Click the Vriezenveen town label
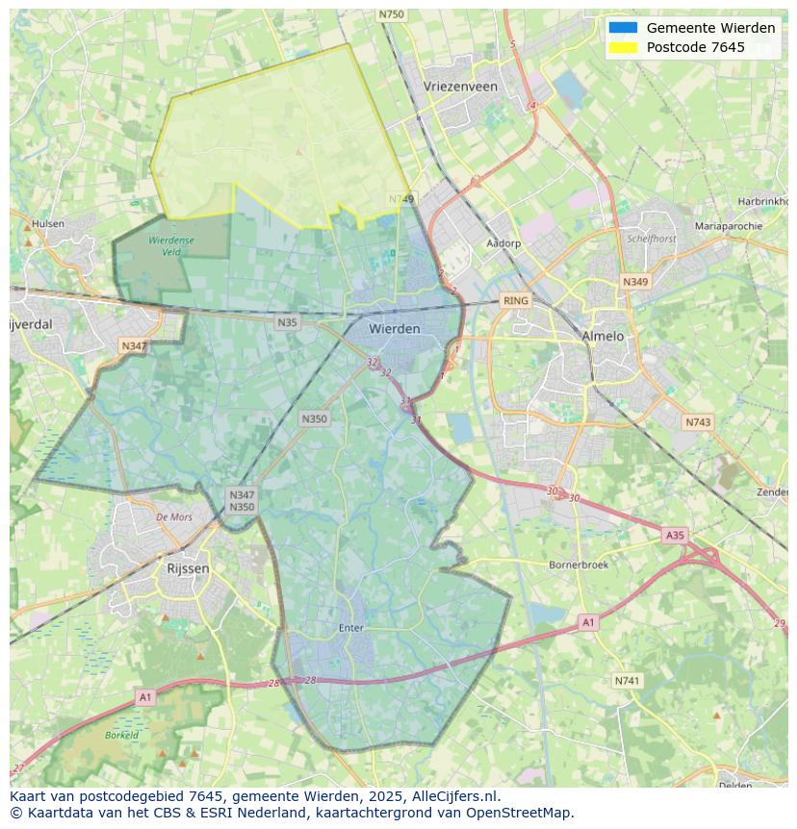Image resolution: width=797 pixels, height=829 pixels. coord(460,87)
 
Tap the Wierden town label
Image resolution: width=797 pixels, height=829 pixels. coord(395,329)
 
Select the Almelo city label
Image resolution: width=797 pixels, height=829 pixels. coord(603,337)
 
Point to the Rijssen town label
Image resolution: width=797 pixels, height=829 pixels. coord(188,569)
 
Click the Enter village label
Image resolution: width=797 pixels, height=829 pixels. coord(351,628)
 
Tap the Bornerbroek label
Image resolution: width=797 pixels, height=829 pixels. coord(578,565)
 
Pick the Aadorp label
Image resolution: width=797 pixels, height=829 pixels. coord(503,244)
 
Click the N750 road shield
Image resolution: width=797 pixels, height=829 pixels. coord(392,14)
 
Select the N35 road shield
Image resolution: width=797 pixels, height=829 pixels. coord(287,323)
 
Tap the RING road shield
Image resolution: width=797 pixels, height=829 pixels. coord(516,301)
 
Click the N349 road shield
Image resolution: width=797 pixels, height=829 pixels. coord(635,282)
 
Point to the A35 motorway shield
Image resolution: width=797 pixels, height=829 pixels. coord(675,535)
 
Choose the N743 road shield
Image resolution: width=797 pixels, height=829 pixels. coord(698,423)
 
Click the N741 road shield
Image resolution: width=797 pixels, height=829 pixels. coord(627,681)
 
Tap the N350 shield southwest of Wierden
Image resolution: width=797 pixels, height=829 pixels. coord(314,419)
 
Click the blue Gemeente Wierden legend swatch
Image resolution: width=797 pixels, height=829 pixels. coord(623,28)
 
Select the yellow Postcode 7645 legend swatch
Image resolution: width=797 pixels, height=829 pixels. coord(623,47)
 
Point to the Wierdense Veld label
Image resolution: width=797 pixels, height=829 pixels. coord(170,246)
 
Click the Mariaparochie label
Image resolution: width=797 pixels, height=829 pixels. coord(728,226)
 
